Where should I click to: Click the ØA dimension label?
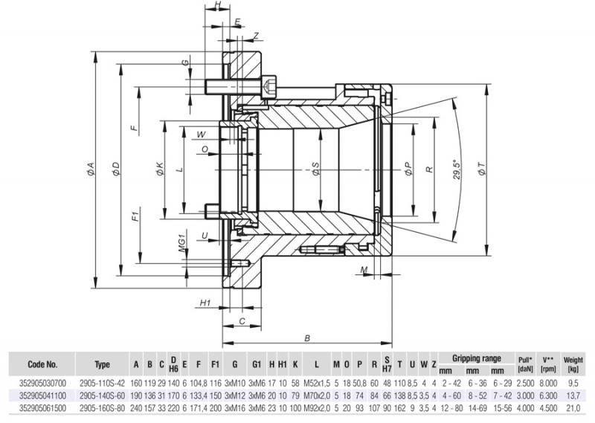[x=91, y=170]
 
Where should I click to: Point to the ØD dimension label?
[x=117, y=170]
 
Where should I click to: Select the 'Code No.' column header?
[x=42, y=364]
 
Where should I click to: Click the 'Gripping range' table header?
[x=476, y=358]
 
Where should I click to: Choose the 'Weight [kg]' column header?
[x=573, y=364]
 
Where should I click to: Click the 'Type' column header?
[x=103, y=364]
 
